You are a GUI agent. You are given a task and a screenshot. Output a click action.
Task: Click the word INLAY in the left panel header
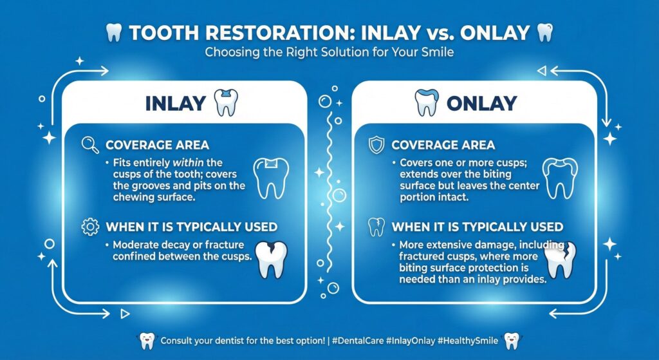pos(175,104)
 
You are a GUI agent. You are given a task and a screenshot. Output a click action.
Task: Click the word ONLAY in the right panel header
pos(481,104)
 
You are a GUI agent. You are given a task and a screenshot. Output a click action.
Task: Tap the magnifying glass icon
pos(90,145)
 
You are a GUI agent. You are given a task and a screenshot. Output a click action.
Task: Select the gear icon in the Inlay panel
pos(90,227)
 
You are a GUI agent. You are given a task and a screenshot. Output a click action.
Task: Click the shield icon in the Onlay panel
pos(376,145)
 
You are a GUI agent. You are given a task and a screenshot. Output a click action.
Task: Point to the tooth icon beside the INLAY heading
pos(226,102)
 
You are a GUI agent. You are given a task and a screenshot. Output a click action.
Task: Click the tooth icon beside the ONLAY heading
pos(427,102)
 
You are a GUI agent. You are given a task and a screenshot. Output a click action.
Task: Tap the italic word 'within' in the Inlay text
pos(189,163)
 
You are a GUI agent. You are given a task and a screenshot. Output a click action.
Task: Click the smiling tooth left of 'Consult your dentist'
pos(147,340)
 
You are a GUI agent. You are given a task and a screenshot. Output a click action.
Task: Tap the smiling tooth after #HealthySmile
pos(512,340)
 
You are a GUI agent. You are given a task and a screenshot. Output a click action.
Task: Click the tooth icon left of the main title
pos(113,32)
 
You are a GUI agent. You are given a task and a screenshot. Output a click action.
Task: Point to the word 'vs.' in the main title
pos(440,33)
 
